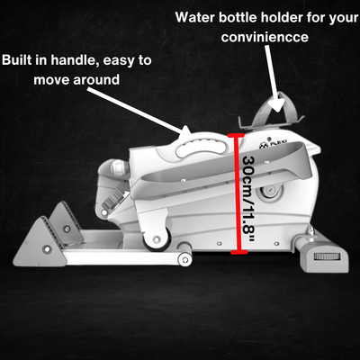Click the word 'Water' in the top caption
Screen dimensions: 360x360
point(195,17)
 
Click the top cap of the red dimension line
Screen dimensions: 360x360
point(236,135)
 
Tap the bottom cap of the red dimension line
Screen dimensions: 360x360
point(239,252)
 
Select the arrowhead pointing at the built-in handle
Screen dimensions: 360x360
point(184,132)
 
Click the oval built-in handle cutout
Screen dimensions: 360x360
point(201,148)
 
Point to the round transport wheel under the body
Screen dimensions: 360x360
point(156,239)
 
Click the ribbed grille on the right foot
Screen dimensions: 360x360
point(327,256)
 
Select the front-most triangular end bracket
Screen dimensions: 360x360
point(39,244)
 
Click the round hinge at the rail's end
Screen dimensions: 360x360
point(185,259)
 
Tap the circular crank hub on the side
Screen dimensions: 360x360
point(270,192)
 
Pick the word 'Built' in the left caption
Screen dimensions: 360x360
point(16,60)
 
